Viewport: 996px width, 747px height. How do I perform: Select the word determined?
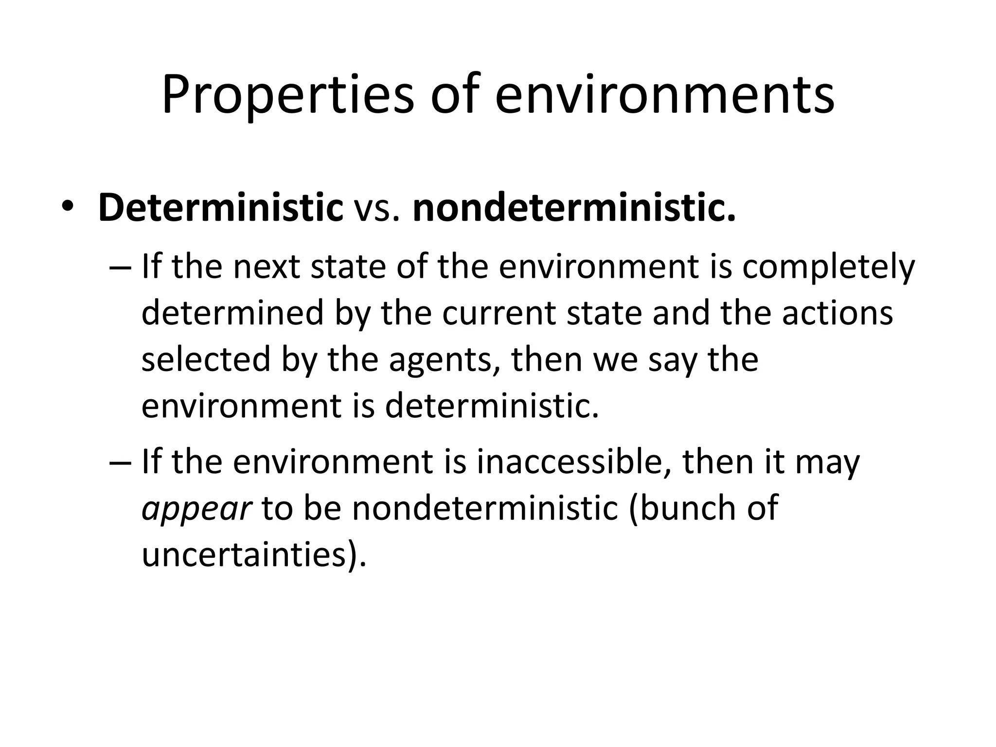click(232, 313)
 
